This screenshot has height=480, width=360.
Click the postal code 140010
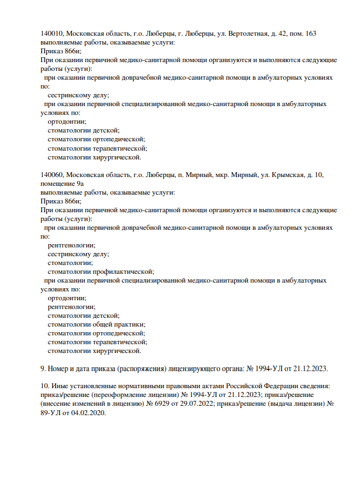(52, 34)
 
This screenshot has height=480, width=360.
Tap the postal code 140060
(52, 174)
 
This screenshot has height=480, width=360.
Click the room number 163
(310, 34)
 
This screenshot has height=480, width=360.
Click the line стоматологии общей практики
(96, 324)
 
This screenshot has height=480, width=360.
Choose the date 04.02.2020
(86, 413)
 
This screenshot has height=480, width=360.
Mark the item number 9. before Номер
(43, 368)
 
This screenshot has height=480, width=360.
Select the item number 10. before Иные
(45, 387)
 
